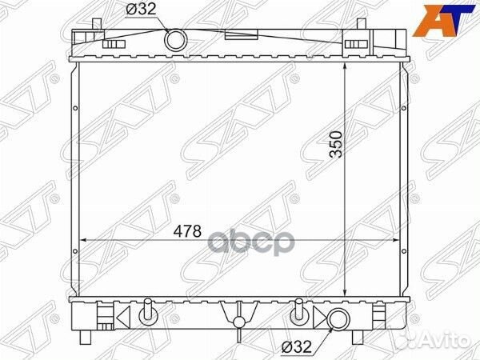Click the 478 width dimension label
pos(187,231)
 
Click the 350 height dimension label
pos(336,144)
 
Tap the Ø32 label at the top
pos(141,10)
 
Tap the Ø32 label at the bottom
pos(297,347)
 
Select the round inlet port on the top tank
pos(176,40)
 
